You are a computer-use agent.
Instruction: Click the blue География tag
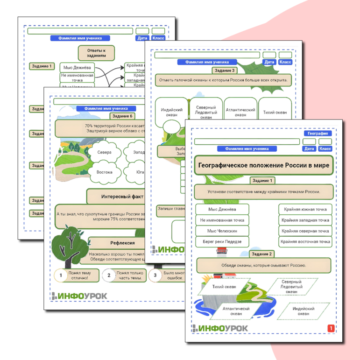318,133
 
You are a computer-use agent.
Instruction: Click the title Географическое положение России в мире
264,165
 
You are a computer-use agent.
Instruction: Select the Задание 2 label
262,254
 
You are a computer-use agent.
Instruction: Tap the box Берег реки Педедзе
222,242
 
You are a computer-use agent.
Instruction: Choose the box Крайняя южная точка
305,209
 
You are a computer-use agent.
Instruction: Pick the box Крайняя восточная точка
305,242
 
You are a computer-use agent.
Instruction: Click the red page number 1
331,328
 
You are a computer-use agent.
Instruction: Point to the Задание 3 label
225,71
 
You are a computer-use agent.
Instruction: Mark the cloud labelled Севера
101,153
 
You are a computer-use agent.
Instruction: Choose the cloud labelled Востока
104,172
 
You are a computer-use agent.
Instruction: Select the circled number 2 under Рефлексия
109,275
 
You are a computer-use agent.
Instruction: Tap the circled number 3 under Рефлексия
155,275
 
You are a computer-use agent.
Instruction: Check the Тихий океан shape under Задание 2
224,287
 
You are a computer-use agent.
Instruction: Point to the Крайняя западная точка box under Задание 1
305,220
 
